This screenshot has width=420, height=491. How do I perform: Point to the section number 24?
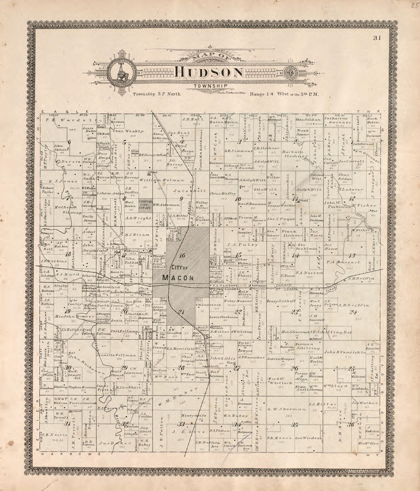pos(352,312)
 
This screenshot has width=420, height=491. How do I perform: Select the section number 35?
pos(295,424)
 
